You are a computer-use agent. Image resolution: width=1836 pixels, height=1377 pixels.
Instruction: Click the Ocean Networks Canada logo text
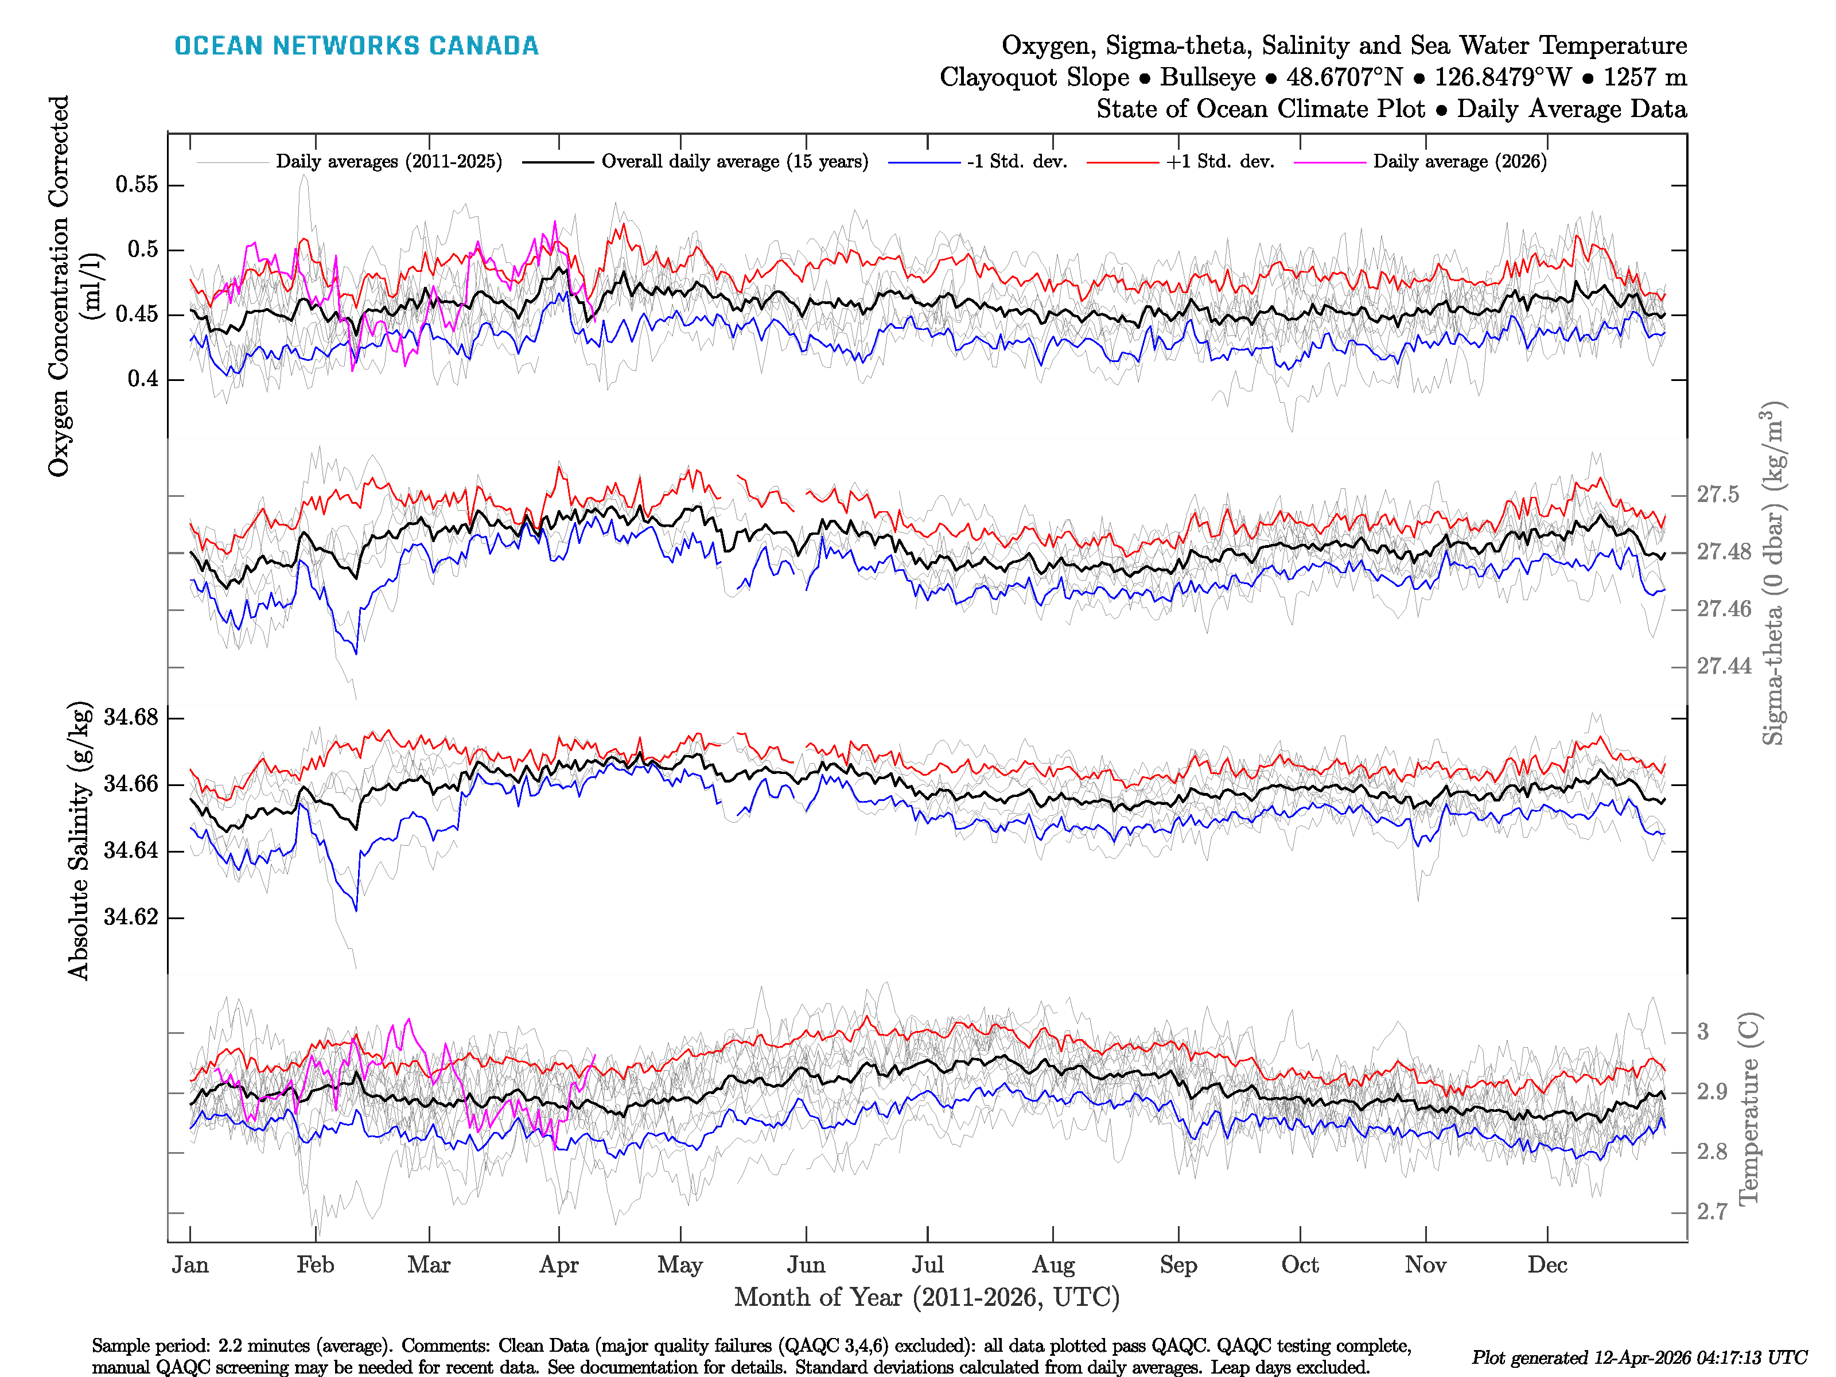coord(356,46)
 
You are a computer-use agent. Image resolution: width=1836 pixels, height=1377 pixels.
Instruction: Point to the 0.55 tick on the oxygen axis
coord(137,184)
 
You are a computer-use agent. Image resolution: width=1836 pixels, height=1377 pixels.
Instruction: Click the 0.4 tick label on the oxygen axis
coord(143,379)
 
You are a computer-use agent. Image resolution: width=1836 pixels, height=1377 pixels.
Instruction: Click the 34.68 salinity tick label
coord(130,717)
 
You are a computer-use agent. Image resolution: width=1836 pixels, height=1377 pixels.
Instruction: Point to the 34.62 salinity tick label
coord(130,917)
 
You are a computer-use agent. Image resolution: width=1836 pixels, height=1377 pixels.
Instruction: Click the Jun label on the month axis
coord(806,1266)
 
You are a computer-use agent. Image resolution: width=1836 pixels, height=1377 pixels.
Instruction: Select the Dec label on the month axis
coord(1547,1266)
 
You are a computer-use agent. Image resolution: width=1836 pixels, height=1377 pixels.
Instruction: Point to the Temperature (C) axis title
coord(1748,1108)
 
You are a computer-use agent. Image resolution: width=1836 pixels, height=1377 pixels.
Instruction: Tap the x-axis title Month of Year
coord(926,1297)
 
